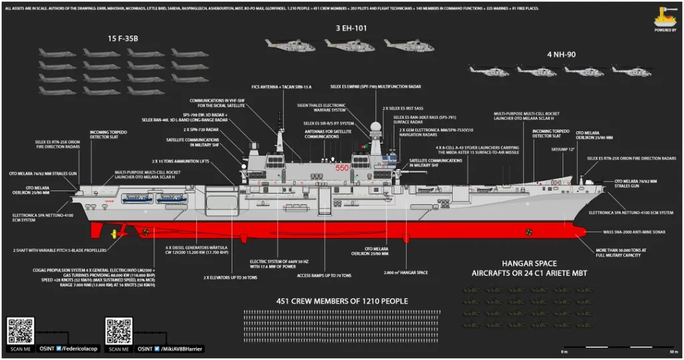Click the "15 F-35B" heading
pyautogui.click(x=122, y=38)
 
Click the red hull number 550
pyautogui.click(x=343, y=168)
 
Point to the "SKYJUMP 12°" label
pyautogui.click(x=563, y=148)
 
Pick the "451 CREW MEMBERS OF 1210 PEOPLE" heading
pyautogui.click(x=342, y=301)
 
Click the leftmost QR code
pyautogui.click(x=20, y=331)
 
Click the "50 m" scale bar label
pyautogui.click(x=673, y=351)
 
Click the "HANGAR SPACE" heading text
pyautogui.click(x=523, y=263)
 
